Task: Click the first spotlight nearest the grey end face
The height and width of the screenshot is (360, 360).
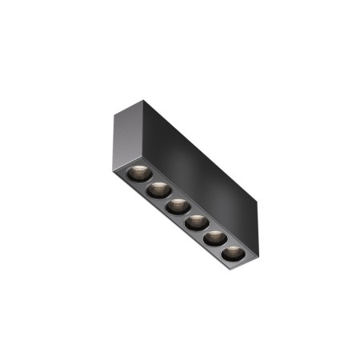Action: (x=137, y=173)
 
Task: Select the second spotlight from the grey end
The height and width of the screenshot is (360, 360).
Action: (x=158, y=190)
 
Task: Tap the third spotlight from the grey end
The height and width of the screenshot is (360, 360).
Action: (x=177, y=206)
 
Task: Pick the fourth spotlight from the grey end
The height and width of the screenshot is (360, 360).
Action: (x=195, y=222)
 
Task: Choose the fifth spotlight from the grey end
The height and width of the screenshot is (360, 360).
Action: (x=214, y=238)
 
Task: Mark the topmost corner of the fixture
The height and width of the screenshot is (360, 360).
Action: (x=145, y=101)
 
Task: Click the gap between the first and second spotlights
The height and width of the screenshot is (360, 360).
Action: (x=147, y=182)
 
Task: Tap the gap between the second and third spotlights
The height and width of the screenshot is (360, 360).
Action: (x=167, y=198)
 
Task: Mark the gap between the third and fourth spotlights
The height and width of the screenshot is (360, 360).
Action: (x=186, y=214)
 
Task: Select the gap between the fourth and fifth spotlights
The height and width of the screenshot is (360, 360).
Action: (x=205, y=230)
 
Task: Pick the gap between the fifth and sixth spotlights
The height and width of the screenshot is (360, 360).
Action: (x=224, y=246)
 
